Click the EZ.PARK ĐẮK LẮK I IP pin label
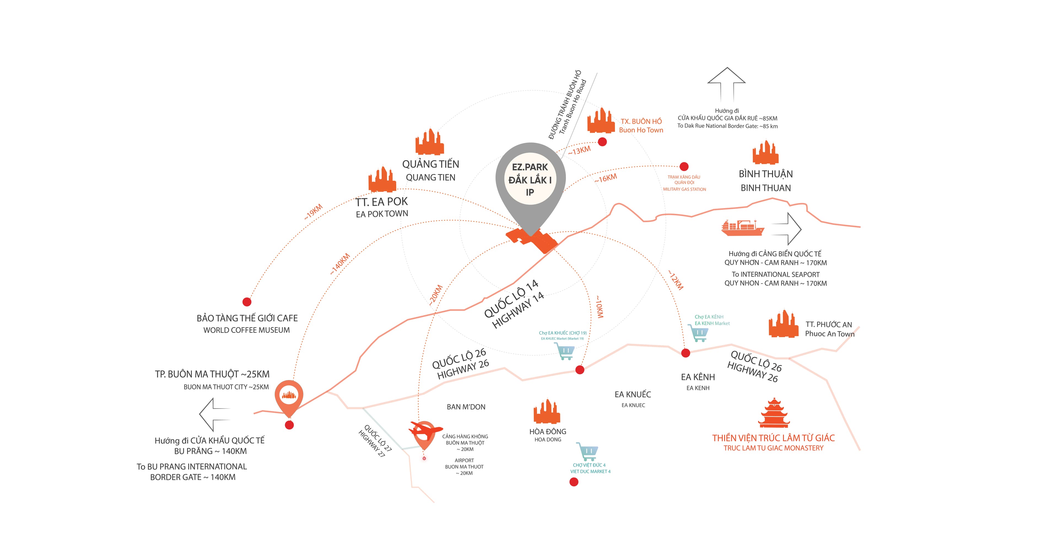point(530,179)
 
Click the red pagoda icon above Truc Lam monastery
point(774,413)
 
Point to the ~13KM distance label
point(579,151)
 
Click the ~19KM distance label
point(313,212)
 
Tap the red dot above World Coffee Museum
point(247,302)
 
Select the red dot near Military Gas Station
point(684,166)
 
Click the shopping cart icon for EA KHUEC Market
point(565,352)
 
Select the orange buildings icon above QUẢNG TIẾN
point(430,142)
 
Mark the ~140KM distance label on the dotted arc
point(340,264)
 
